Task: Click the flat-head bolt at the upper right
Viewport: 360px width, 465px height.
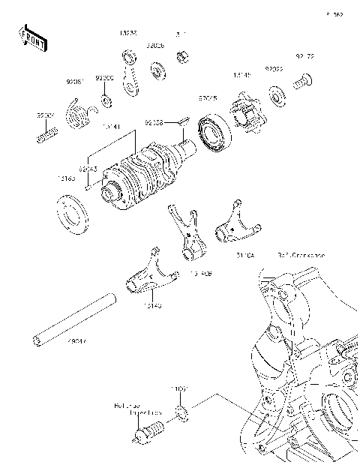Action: (x=303, y=83)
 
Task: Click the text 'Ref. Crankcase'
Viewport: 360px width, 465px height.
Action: (x=300, y=256)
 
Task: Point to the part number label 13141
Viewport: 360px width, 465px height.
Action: (x=110, y=127)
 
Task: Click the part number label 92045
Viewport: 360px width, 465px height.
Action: (x=208, y=97)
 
